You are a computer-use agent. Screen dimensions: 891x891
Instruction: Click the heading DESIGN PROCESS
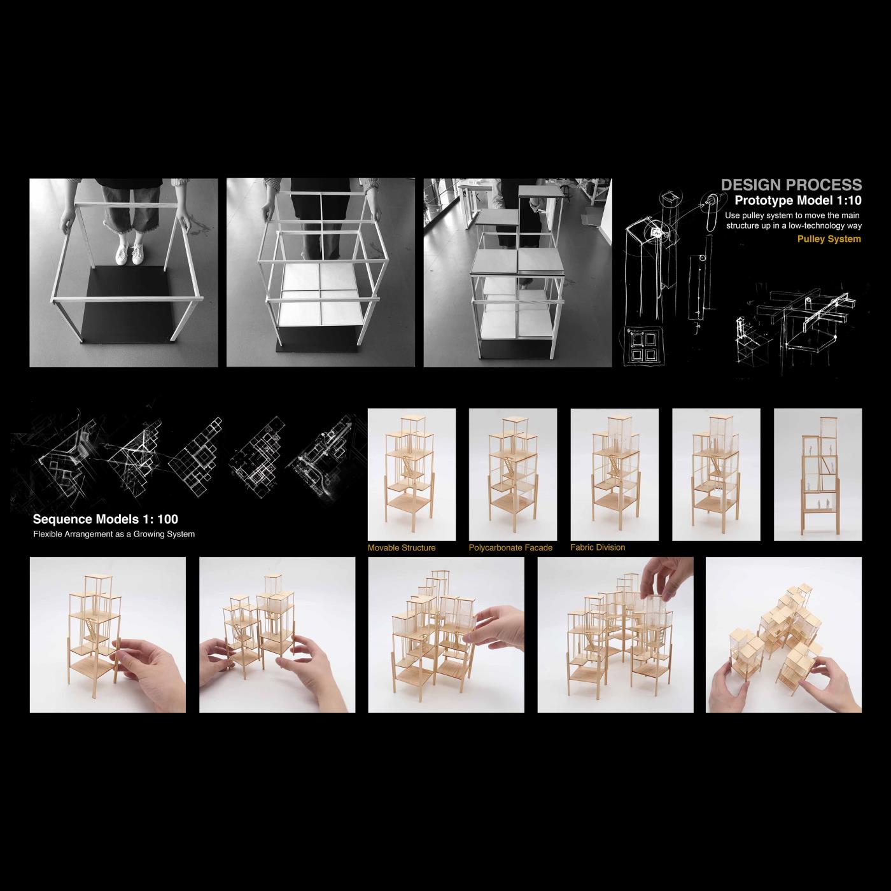coord(791,185)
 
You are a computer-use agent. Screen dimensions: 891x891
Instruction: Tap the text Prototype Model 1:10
coord(798,201)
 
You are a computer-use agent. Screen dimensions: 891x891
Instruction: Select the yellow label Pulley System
coord(829,239)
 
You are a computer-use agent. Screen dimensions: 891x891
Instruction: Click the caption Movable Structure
coord(402,548)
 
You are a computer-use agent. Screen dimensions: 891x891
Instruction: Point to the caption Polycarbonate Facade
coord(510,548)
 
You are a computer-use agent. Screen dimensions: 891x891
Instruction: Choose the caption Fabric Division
coord(598,547)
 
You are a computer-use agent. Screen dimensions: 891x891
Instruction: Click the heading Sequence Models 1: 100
coord(106,519)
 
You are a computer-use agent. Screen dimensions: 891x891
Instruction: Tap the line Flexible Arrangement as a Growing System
coord(114,534)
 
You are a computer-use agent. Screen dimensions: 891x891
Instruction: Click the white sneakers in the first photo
coord(129,255)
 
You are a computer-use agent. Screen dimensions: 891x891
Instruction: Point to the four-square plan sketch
coord(642,346)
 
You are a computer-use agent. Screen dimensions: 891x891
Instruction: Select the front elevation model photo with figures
coord(817,474)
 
